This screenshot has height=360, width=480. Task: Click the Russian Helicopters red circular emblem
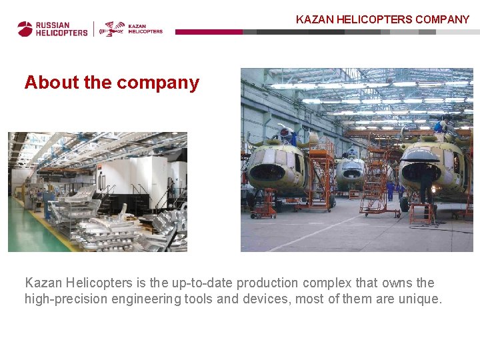(x=25, y=29)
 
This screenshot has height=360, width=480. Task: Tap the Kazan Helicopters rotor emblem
(x=112, y=29)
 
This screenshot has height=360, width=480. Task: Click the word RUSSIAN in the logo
(x=53, y=25)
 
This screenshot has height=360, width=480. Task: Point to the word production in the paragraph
(x=266, y=283)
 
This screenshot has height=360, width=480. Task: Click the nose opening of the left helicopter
(x=267, y=171)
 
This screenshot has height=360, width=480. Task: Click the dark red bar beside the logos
(x=208, y=31)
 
